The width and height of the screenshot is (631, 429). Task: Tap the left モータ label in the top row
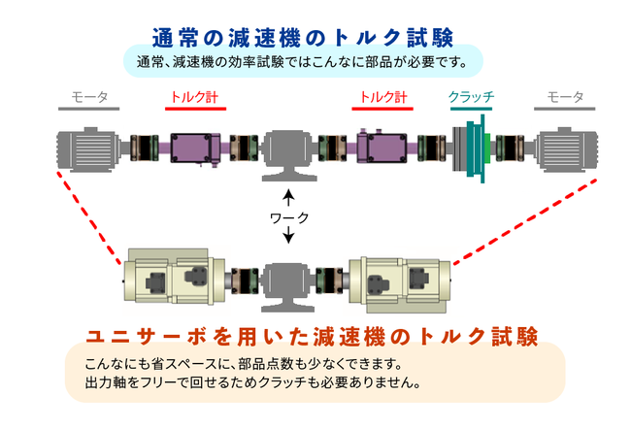(89, 97)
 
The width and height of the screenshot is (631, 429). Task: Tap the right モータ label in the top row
(565, 97)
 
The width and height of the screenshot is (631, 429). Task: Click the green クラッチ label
(472, 97)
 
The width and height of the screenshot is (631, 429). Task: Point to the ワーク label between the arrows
(288, 218)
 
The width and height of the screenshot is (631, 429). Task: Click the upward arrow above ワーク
(288, 197)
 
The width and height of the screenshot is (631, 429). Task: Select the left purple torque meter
(194, 148)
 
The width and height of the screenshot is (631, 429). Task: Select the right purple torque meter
(383, 148)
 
